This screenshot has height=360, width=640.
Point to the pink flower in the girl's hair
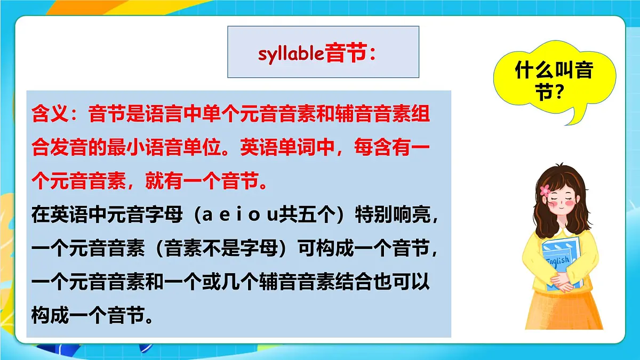point(545,189)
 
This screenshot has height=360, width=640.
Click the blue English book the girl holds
point(561,261)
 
